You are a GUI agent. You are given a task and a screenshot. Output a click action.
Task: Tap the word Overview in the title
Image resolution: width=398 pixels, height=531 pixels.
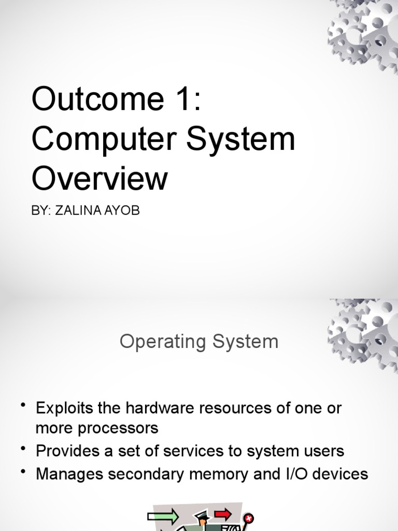pyautogui.click(x=99, y=179)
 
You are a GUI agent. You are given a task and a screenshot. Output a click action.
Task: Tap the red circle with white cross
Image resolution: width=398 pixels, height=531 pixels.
pyautogui.click(x=249, y=519)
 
